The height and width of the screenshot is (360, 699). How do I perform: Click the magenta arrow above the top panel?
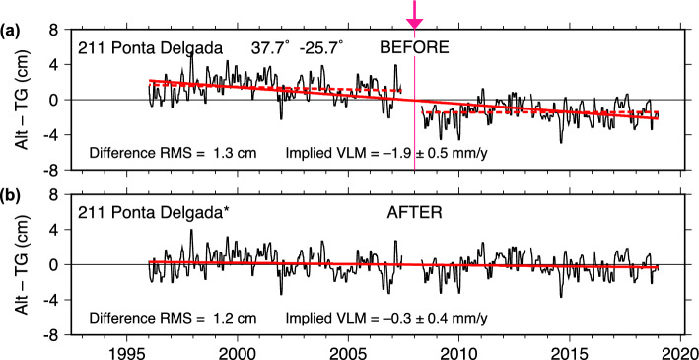click(x=414, y=14)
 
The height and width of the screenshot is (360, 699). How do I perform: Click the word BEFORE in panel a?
click(x=415, y=46)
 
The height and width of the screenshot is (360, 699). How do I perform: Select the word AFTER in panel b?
click(x=412, y=211)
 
